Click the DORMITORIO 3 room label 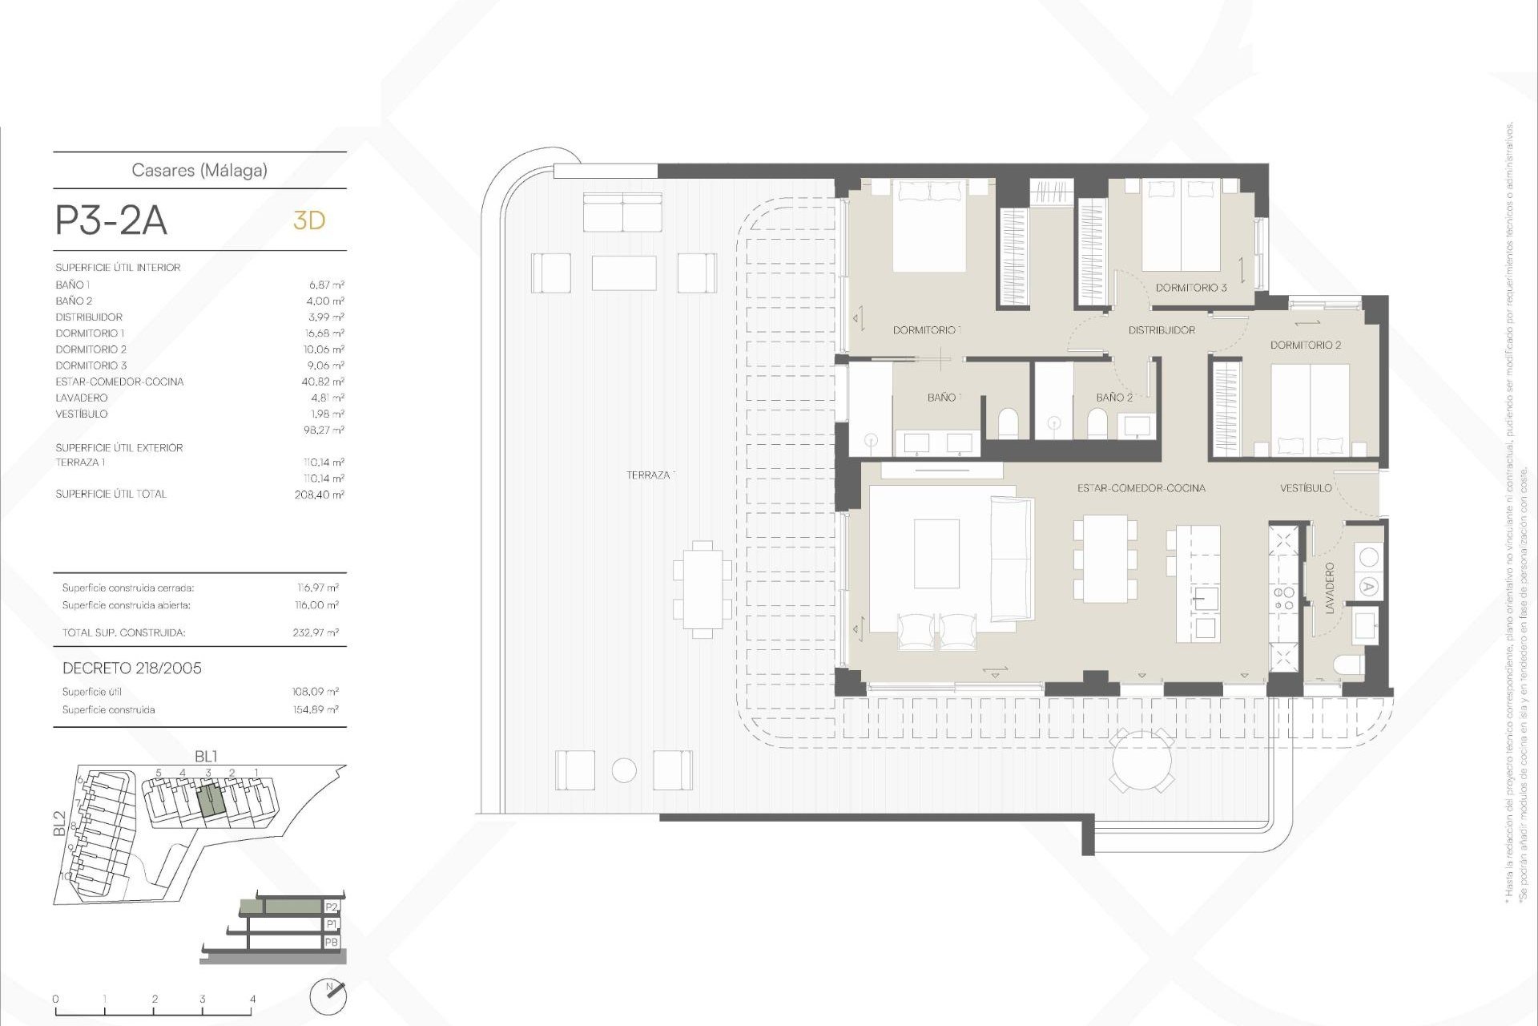[x=1190, y=288]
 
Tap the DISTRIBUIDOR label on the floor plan [x=1162, y=330]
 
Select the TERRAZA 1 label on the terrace [x=650, y=475]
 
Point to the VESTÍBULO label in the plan [x=1306, y=488]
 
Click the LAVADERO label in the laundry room [x=1331, y=588]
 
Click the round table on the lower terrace [x=1141, y=761]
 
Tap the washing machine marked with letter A [x=1368, y=587]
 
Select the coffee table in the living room [x=936, y=553]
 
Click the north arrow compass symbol [x=328, y=996]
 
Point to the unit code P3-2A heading [x=111, y=220]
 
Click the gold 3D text [x=309, y=220]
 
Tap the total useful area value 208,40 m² [x=319, y=495]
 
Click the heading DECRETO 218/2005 [x=132, y=669]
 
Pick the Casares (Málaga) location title [x=199, y=171]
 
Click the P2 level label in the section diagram [x=332, y=907]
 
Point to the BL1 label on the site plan [x=206, y=757]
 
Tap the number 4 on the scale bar [x=252, y=1000]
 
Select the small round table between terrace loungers [x=624, y=770]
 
